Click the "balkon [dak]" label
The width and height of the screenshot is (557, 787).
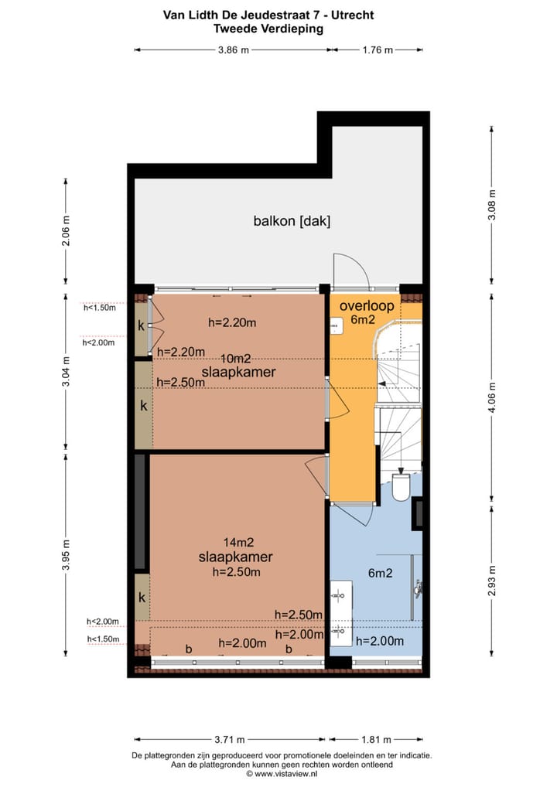pos(292,221)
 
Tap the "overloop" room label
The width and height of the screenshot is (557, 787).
pos(367,305)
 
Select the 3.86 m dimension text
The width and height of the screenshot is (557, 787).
pos(233,50)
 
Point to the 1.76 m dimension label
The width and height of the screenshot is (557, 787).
pos(378,50)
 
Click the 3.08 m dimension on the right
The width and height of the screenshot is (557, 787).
pos(492,205)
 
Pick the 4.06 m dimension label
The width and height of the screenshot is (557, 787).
pos(492,397)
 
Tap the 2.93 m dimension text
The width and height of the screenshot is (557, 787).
pos(492,581)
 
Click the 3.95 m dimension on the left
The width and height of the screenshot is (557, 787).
pos(66,554)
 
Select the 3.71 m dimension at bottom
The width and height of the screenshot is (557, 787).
pos(230,739)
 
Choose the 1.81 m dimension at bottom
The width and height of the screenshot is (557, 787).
pos(376,739)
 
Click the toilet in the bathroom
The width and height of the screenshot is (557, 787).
pos(402,486)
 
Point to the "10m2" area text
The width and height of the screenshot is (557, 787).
pos(235,359)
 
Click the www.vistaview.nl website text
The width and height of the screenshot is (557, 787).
pos(285,774)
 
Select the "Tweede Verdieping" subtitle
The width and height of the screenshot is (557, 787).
pos(268,29)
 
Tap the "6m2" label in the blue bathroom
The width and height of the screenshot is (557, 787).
pos(380,573)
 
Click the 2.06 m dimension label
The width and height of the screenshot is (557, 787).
pos(66,231)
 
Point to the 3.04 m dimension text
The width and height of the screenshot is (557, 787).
pos(66,371)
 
